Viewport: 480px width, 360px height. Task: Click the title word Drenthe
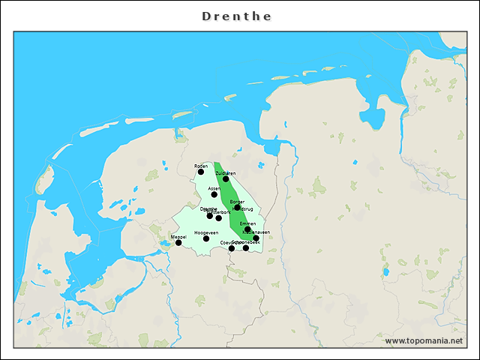pyautogui.click(x=237, y=16)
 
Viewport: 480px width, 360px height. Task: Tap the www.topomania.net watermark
pyautogui.click(x=424, y=341)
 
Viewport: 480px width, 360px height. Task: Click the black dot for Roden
pyautogui.click(x=201, y=172)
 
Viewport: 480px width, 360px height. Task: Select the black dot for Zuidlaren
pyautogui.click(x=226, y=179)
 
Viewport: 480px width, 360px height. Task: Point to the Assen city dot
pyautogui.click(x=214, y=194)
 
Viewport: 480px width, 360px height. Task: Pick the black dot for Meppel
pyautogui.click(x=178, y=242)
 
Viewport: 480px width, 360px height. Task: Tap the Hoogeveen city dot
pyautogui.click(x=206, y=238)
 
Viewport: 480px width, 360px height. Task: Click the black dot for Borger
pyautogui.click(x=238, y=208)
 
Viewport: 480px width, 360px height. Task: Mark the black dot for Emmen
pyautogui.click(x=247, y=229)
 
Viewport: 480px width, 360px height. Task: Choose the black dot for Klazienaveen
pyautogui.click(x=256, y=238)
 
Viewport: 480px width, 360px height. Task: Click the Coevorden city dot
pyautogui.click(x=232, y=248)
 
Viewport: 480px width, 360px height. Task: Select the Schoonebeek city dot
pyautogui.click(x=246, y=248)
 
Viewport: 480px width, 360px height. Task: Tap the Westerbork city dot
pyautogui.click(x=219, y=218)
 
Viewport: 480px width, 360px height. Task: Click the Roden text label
pyautogui.click(x=201, y=166)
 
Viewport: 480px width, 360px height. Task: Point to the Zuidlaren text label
pyautogui.click(x=226, y=173)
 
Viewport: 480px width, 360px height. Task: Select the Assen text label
pyautogui.click(x=214, y=188)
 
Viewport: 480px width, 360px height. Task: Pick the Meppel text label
pyautogui.click(x=178, y=236)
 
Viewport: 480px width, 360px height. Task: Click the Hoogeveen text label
pyautogui.click(x=206, y=232)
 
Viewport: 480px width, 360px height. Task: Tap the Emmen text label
pyautogui.click(x=247, y=223)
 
